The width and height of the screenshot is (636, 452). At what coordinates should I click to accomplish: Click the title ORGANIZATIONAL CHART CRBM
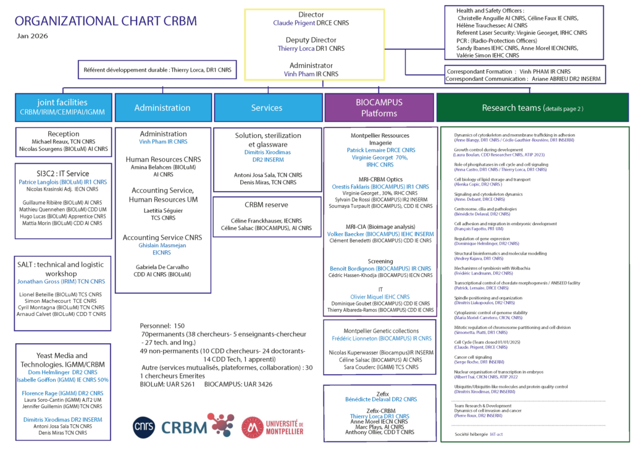coord(106,21)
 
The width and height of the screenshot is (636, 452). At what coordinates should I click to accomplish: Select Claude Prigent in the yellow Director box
coord(293,23)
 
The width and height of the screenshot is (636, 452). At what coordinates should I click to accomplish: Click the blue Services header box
coord(267,108)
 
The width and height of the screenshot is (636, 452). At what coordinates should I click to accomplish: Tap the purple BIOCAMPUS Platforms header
coord(380,108)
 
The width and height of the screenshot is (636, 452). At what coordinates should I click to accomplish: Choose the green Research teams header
coord(532,108)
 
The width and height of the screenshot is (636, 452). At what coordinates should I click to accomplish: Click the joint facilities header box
coord(64,108)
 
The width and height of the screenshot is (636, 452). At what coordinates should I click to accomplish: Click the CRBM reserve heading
coord(267,205)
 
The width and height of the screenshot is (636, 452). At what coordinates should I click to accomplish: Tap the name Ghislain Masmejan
coord(162,245)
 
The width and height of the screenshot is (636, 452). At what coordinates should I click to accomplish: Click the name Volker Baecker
coord(351,234)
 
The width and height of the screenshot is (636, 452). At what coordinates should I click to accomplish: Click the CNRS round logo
coord(143,427)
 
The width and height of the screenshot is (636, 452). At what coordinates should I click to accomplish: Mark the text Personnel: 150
coord(162,325)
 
